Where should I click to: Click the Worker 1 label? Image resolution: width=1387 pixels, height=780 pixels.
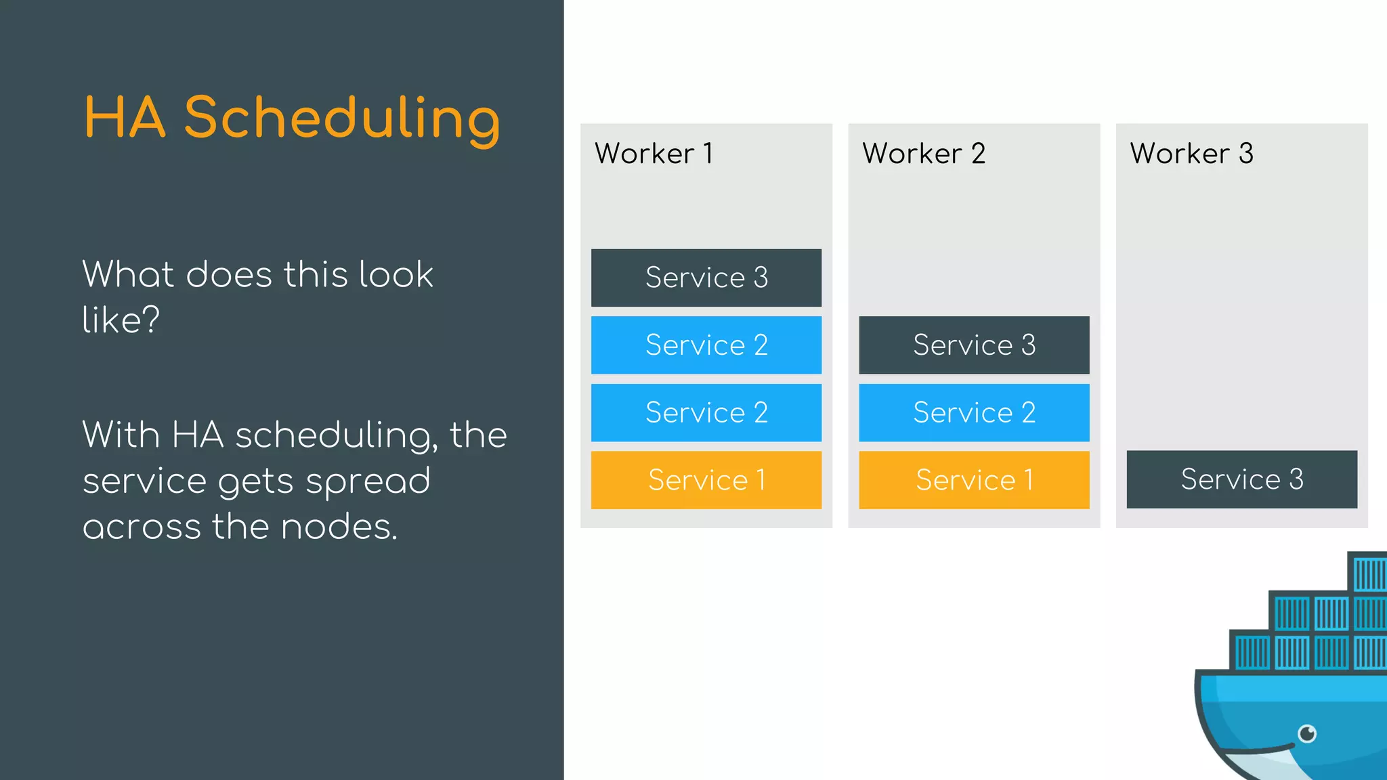(x=654, y=154)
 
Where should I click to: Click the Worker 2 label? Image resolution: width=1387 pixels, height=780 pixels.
(x=924, y=154)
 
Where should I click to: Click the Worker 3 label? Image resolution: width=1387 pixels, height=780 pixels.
(x=1191, y=154)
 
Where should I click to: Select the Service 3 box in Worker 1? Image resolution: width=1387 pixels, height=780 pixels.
(x=706, y=278)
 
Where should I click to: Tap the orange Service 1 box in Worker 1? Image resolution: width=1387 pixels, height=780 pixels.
(x=706, y=480)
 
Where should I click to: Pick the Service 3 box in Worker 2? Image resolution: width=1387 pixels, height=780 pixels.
(x=974, y=345)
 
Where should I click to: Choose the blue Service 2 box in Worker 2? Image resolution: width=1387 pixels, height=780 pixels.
(x=974, y=412)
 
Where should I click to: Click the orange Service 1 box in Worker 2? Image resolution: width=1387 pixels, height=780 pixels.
(x=974, y=480)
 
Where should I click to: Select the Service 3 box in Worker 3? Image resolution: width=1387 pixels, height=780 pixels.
(x=1241, y=479)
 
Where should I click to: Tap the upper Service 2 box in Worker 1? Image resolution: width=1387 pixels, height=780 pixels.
(x=706, y=345)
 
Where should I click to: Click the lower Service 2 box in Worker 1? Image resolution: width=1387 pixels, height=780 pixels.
(x=706, y=412)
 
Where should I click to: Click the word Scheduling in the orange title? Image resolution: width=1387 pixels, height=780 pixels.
(x=342, y=118)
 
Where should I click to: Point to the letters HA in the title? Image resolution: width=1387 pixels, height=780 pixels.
(x=125, y=118)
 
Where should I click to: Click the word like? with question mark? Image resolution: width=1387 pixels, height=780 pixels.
(x=121, y=319)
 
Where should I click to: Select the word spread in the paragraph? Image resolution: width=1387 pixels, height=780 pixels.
(x=368, y=482)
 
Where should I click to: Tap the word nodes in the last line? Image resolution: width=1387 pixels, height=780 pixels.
(x=338, y=527)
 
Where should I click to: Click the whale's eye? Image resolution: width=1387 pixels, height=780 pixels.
(x=1307, y=733)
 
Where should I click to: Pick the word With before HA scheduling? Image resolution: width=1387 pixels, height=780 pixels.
(x=121, y=435)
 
